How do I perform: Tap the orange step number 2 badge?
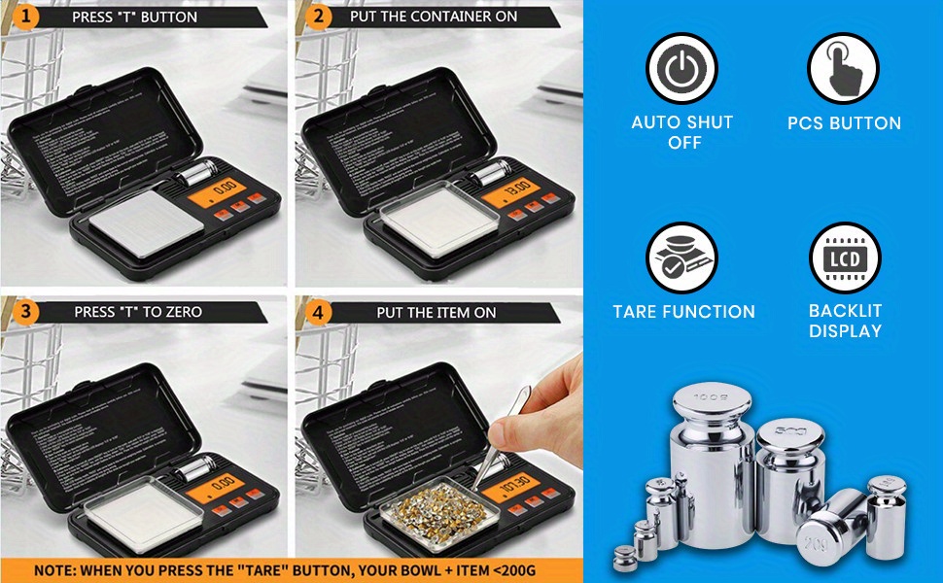[316, 17]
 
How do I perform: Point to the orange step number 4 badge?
[316, 312]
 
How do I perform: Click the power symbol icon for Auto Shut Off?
[681, 68]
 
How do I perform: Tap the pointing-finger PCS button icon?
[843, 68]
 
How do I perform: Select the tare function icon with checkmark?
[681, 257]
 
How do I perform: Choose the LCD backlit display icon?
[844, 257]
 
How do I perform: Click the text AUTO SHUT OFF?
[682, 132]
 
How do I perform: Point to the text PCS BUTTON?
[844, 123]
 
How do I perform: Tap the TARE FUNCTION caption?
[683, 312]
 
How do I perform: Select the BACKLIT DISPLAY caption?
[845, 321]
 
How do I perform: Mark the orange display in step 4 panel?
[515, 483]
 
